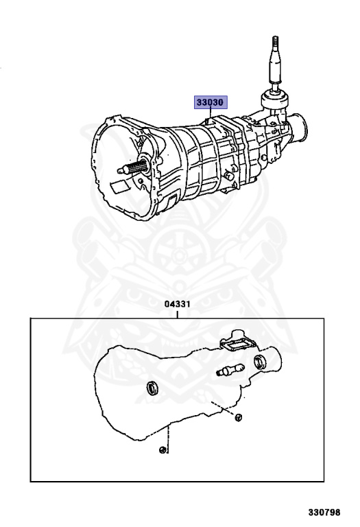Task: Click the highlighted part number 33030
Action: pyautogui.click(x=211, y=102)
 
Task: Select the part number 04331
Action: pyautogui.click(x=178, y=304)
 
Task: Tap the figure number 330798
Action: pyautogui.click(x=324, y=512)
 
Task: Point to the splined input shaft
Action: pyautogui.click(x=132, y=167)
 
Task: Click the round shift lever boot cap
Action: pyautogui.click(x=275, y=99)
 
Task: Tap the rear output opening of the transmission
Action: pyautogui.click(x=299, y=125)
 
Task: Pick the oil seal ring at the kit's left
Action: pyautogui.click(x=153, y=388)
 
